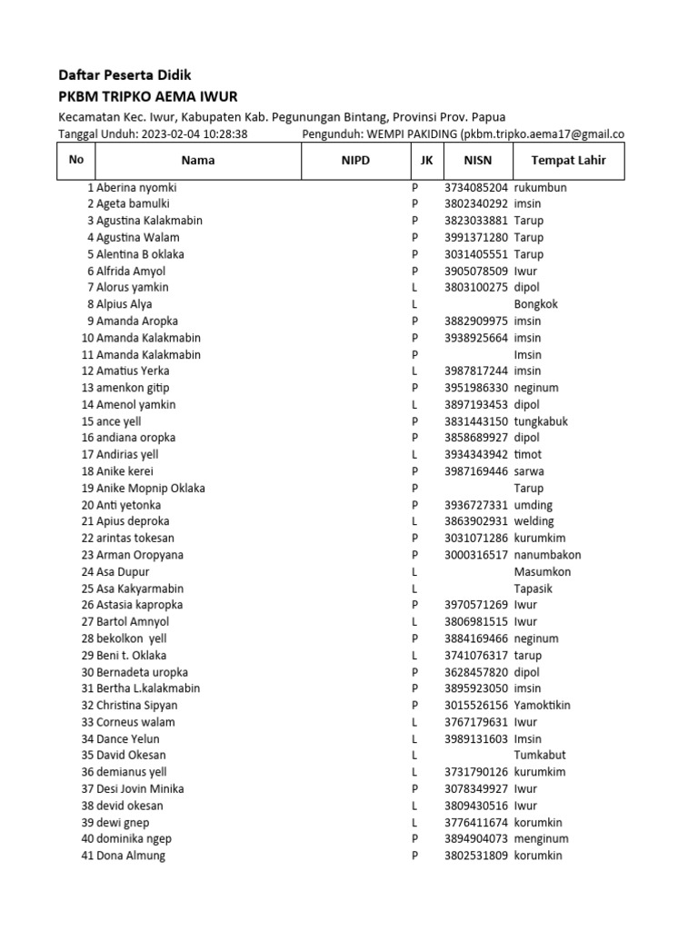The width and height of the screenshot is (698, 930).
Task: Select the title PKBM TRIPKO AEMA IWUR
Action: click(x=148, y=97)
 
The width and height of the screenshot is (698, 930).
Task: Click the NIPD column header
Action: click(x=355, y=161)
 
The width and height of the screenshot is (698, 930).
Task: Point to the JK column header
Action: click(x=426, y=161)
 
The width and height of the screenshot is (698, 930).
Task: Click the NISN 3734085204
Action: click(x=476, y=187)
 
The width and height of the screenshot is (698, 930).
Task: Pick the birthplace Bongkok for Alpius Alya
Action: click(x=536, y=304)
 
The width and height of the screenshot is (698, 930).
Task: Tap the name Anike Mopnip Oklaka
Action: click(x=150, y=489)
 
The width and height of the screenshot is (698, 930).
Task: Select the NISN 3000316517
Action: click(x=476, y=555)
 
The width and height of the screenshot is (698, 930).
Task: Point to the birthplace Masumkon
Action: click(x=543, y=572)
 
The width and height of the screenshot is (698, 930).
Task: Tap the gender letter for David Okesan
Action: click(x=414, y=756)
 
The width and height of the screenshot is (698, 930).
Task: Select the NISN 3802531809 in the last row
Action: click(x=476, y=856)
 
